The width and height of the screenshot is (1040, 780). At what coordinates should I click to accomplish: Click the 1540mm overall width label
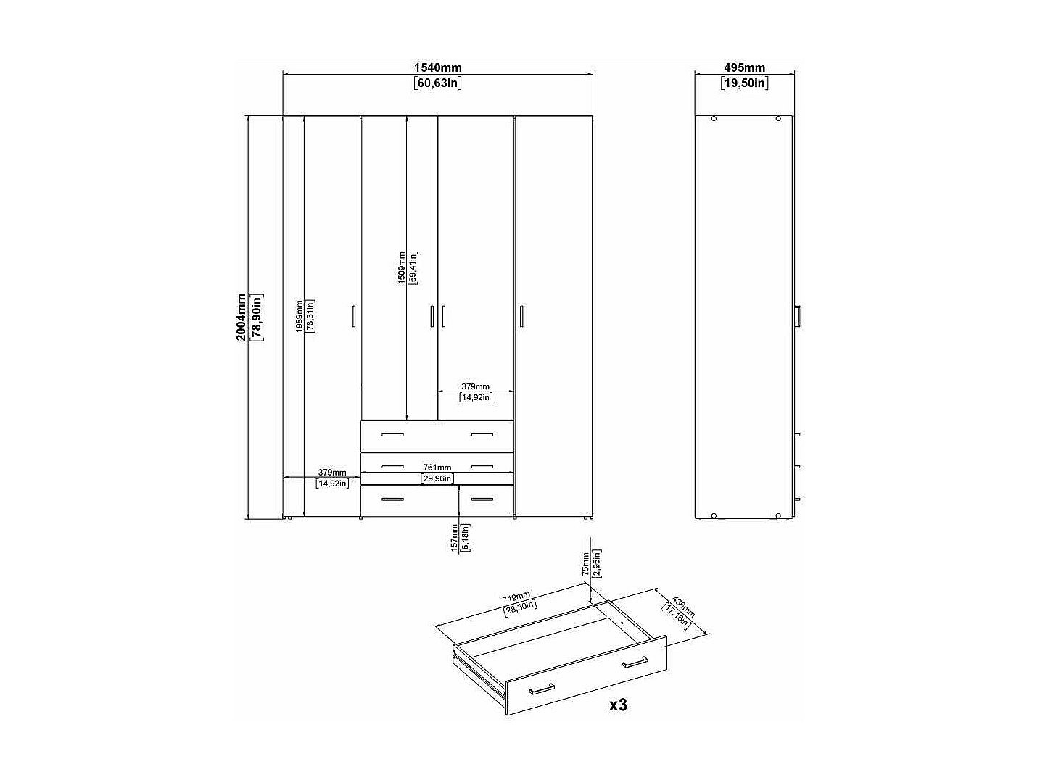coord(437,67)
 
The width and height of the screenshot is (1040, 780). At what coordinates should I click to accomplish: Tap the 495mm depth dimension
coord(744,67)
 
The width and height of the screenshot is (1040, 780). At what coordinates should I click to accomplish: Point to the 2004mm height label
coord(242,317)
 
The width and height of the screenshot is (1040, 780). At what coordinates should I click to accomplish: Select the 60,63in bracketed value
coord(438,83)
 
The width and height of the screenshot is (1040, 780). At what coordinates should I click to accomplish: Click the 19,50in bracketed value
coord(744,83)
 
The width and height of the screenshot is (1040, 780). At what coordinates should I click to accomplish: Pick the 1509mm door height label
coord(402,267)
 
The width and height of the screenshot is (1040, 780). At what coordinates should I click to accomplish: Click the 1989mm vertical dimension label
coord(299,317)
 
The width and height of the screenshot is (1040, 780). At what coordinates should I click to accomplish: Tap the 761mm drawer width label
coord(437,468)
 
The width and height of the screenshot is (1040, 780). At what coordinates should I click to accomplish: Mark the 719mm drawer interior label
coord(516,598)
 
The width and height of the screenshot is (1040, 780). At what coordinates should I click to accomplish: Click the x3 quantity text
coord(617,705)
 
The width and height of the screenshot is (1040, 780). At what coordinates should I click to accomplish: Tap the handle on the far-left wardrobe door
coord(353,317)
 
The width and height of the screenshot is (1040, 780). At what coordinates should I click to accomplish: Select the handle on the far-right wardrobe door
coord(521,317)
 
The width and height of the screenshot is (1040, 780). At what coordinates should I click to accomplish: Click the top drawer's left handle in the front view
coord(392,435)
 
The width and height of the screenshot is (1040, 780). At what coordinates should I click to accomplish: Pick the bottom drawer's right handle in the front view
coord(482,499)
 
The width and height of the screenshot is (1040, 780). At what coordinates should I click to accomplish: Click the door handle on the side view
coord(797,317)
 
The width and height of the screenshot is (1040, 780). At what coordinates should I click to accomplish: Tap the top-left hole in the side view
coord(714,118)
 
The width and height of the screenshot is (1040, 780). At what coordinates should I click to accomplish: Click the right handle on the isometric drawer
coord(635,661)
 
